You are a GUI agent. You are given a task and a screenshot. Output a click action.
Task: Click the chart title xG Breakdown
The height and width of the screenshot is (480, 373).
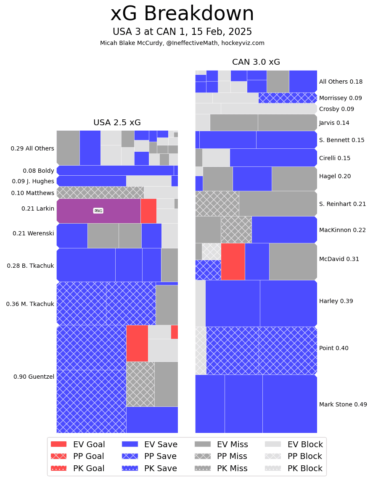pos(182,14)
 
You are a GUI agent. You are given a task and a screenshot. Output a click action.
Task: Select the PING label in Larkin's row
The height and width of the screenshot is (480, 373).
pos(98,211)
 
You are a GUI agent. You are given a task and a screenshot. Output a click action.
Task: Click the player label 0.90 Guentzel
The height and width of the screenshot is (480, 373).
pos(34,377)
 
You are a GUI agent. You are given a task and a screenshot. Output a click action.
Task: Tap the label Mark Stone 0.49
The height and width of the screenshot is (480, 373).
pos(343,404)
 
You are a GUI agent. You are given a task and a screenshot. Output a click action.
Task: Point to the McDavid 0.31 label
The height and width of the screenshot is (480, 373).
pos(339,259)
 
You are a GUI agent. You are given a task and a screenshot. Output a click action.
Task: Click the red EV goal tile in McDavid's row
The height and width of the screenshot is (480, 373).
pos(233,261)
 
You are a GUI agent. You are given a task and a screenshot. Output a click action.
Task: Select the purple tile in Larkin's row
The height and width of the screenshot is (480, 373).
pos(98,211)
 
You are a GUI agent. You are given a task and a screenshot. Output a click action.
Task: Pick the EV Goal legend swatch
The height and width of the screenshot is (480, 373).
pos(58,444)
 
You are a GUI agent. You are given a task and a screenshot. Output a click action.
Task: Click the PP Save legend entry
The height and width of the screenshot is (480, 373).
pos(149,456)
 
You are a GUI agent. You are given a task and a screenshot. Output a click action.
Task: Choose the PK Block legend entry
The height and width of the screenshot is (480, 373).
pos(294,468)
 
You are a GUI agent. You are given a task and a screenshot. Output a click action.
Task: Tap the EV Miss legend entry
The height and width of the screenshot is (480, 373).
pos(221,444)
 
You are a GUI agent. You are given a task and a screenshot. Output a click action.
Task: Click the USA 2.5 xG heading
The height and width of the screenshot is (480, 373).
pos(117,123)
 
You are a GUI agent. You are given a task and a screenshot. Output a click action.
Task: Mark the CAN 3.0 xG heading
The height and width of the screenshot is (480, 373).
pos(256,62)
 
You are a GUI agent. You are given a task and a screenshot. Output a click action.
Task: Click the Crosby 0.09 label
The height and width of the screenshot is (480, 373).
pos(336,109)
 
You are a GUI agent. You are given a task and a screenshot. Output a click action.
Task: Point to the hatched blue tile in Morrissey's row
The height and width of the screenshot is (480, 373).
pos(288,98)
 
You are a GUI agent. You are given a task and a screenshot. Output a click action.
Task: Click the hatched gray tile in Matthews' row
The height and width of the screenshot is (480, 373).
pos(100,193)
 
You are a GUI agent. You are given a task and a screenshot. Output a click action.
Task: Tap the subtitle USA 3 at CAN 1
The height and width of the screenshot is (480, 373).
pos(182,32)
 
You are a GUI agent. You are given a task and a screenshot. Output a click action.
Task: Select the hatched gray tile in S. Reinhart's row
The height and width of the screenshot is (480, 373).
pos(217,203)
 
